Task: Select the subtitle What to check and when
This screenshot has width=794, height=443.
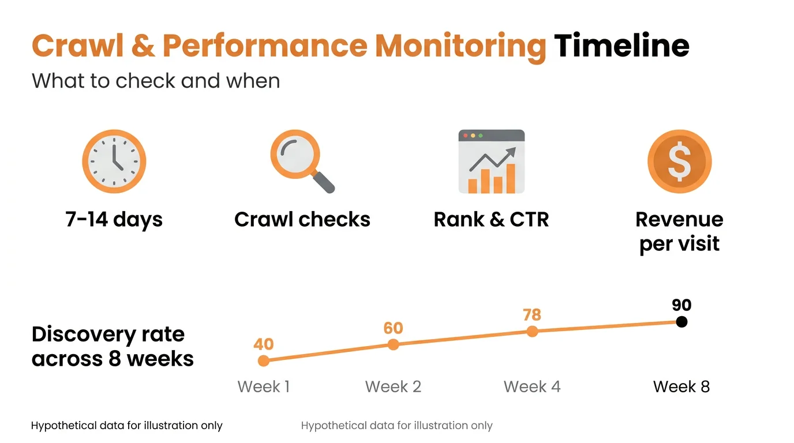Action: pos(156,81)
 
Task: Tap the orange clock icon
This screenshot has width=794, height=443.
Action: pos(114,162)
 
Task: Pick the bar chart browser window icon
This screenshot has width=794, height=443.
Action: pos(492,162)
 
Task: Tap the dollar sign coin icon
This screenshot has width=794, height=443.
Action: pos(679,162)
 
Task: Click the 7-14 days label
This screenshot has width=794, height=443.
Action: pos(114,220)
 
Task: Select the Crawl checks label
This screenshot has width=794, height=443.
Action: pos(302,220)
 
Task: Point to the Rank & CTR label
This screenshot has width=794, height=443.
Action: pos(491,220)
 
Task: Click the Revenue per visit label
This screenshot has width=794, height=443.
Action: pos(679,231)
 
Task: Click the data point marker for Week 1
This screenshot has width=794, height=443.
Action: pos(264,361)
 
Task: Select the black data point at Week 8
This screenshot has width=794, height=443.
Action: pos(681,322)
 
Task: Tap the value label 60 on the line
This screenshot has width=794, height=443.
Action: pos(393,328)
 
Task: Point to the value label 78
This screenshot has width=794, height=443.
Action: pos(532,315)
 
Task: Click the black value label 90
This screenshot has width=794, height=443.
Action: pos(681,306)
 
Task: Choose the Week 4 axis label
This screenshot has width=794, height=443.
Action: pos(532,386)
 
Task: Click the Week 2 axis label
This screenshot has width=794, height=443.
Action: pos(393,386)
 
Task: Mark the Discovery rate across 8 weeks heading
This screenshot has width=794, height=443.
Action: pos(113,347)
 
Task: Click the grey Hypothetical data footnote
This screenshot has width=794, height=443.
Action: pos(396,426)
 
